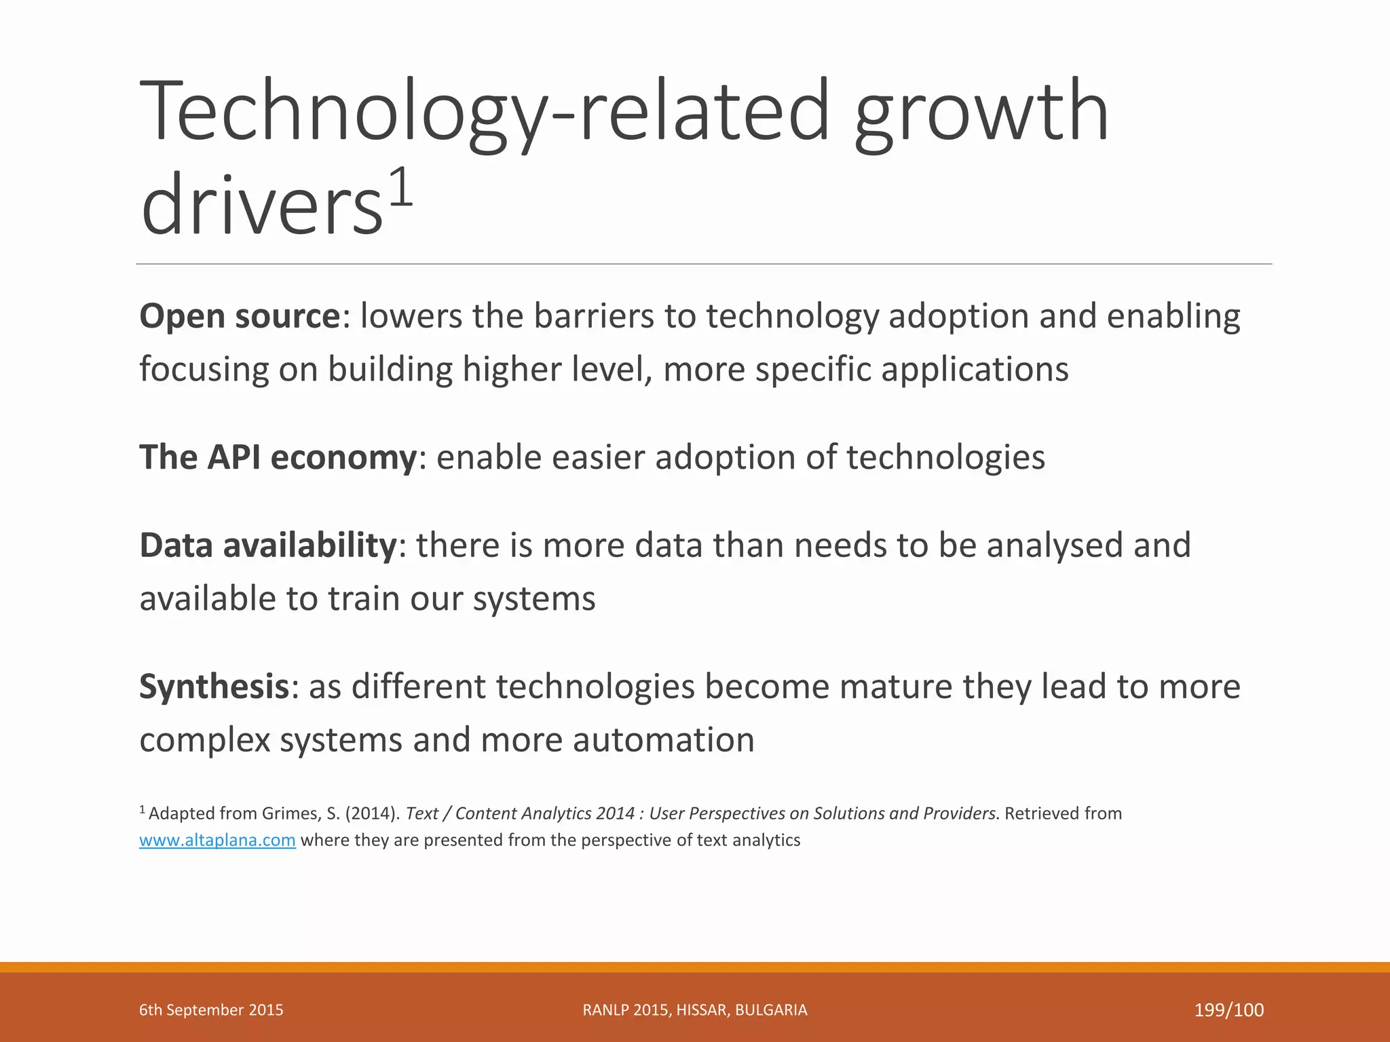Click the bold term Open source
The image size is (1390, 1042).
tap(239, 317)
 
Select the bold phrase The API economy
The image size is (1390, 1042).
tap(277, 457)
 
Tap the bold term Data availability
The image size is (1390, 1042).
tap(267, 545)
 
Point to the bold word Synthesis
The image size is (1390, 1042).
tap(214, 687)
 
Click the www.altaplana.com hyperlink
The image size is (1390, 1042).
tap(217, 841)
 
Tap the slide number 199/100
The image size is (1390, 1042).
tap(1228, 1010)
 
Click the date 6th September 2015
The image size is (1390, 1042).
tap(211, 1010)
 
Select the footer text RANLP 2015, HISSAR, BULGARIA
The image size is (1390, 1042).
tap(694, 1010)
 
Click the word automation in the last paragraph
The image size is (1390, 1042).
tap(663, 739)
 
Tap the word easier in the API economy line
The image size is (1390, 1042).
tap(598, 457)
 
